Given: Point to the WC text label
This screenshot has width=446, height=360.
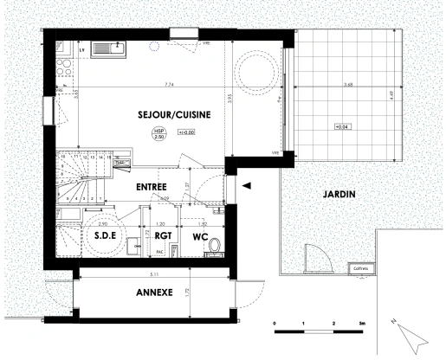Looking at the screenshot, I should click(x=201, y=235).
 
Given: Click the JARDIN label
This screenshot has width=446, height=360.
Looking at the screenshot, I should click(x=337, y=196).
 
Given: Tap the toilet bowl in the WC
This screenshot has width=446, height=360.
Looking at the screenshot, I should click(x=215, y=247).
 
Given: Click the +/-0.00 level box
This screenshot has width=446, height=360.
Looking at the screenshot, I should click(x=185, y=133).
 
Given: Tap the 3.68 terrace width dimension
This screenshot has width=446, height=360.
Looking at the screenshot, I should click(x=347, y=85).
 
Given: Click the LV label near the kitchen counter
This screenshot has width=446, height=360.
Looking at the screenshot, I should click(x=81, y=50).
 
